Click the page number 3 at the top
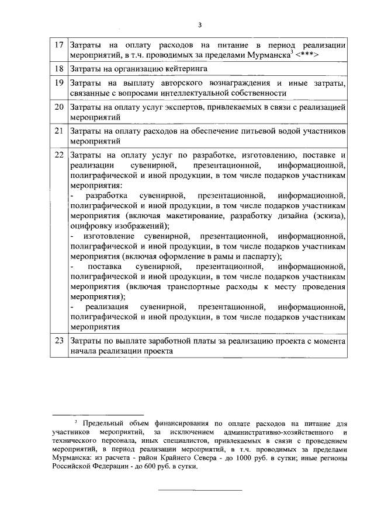(199, 25)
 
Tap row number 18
(57, 68)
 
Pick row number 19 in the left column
(57, 83)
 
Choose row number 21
(57, 131)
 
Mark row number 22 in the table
(57, 155)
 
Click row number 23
(57, 340)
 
